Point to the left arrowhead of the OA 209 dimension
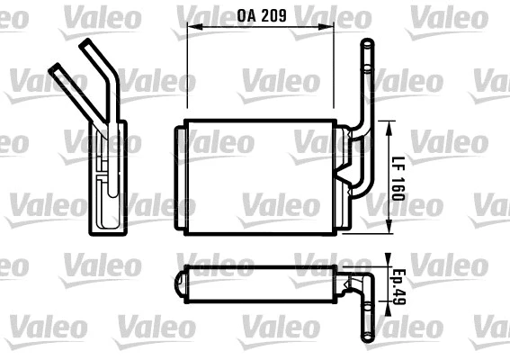pos(191,28)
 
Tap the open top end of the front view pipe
pos(367,44)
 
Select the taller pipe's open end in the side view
pos(90,44)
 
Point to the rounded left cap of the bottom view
pos(179,284)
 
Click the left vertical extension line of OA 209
pos(186,72)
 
